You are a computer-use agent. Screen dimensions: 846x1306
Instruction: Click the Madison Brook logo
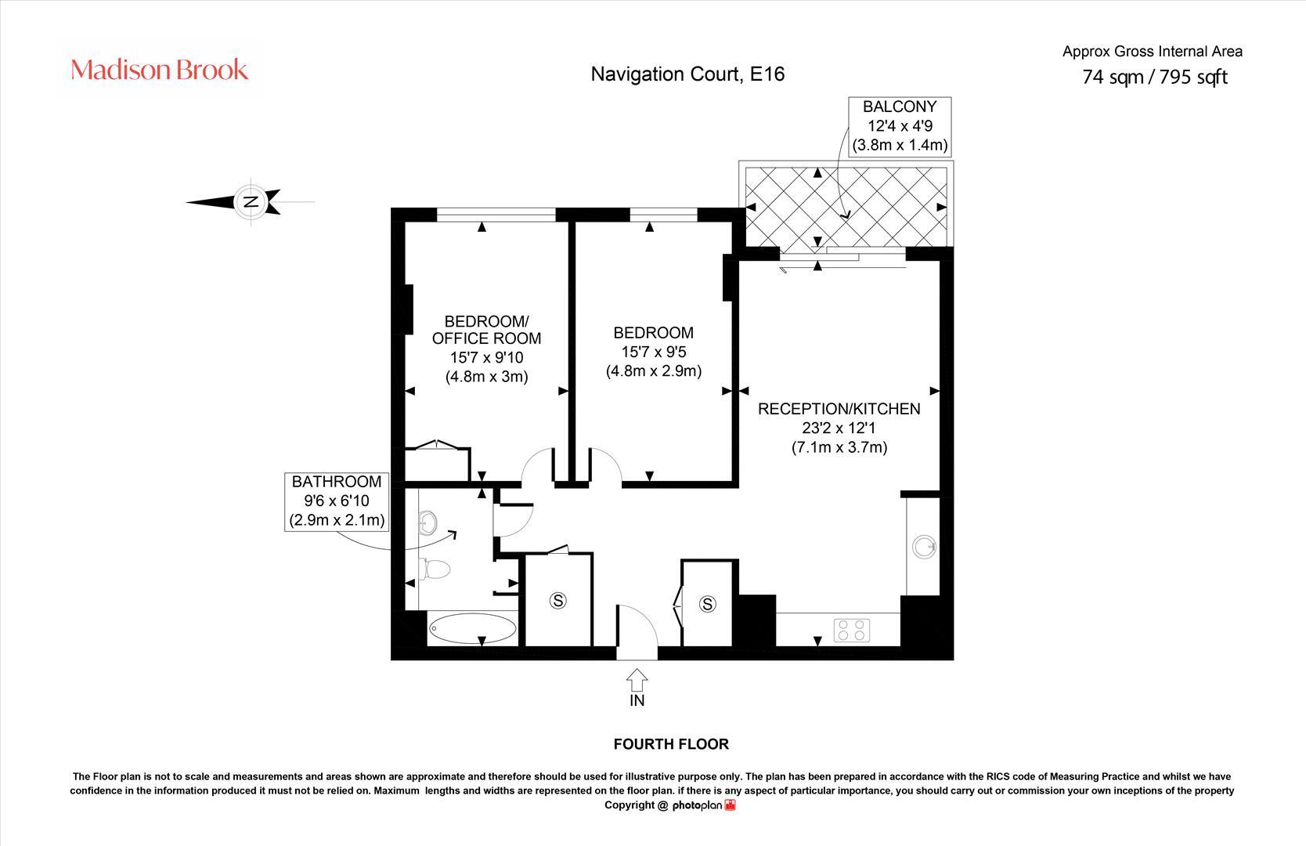click(x=159, y=70)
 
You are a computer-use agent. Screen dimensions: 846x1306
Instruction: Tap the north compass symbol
click(x=251, y=201)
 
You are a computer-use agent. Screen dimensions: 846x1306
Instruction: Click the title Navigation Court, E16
click(x=687, y=74)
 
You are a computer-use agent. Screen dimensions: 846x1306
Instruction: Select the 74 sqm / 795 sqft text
click(x=1154, y=77)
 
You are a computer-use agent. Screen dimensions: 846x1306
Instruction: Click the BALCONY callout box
click(x=900, y=126)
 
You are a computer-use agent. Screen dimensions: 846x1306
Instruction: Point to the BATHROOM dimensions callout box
click(x=337, y=501)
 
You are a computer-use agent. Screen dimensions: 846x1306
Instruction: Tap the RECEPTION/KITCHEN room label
click(x=839, y=409)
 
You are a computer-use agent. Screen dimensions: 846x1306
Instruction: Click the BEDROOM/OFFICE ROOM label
click(x=486, y=330)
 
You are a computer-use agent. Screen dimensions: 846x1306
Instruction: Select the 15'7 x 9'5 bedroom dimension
click(x=653, y=352)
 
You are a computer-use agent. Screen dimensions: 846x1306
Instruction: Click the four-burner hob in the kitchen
click(x=852, y=629)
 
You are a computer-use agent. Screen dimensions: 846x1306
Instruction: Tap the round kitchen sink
click(x=924, y=546)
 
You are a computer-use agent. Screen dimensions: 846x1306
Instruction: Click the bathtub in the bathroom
click(x=473, y=628)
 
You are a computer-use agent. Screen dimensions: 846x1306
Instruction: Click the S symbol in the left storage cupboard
click(x=557, y=601)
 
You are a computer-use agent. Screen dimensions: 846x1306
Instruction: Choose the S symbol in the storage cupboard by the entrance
click(x=708, y=604)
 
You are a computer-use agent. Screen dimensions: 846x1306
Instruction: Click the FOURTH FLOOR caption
click(x=671, y=744)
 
